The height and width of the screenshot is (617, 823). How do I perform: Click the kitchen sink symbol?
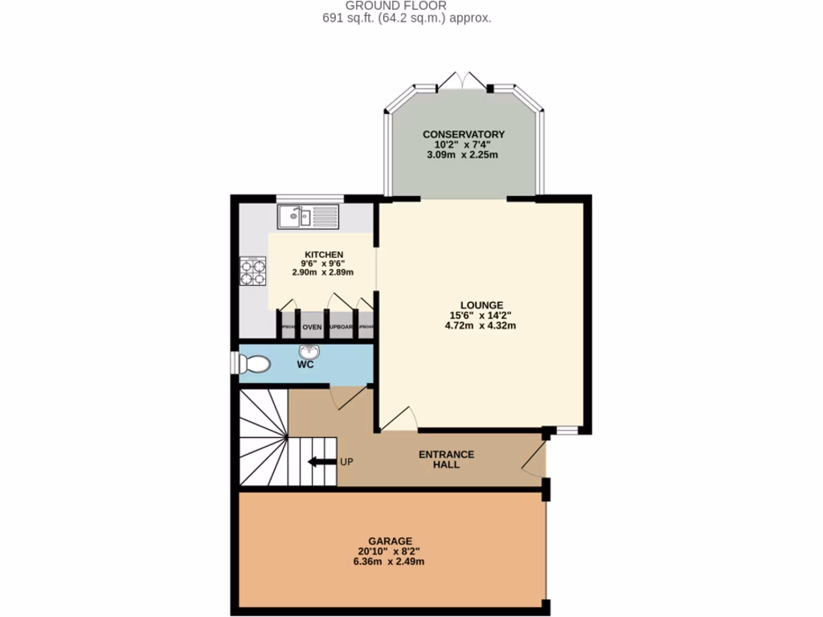coord(309,216)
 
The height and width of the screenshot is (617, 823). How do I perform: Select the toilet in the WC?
coord(253,364)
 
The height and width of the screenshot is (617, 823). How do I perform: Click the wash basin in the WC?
coord(309,353)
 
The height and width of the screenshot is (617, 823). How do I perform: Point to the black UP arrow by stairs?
coord(321,461)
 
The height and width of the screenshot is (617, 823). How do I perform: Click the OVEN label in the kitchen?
coord(312,327)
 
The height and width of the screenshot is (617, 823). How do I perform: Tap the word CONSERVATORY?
coord(463,133)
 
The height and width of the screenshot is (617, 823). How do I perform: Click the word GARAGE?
coord(390,540)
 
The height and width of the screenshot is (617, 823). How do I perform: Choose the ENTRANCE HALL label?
coord(446,459)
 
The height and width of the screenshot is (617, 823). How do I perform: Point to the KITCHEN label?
coord(323,254)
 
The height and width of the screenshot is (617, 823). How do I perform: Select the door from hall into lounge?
coord(399,419)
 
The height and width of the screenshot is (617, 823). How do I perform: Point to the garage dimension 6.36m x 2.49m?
coord(390,562)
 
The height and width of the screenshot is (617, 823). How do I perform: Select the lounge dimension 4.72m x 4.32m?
coord(481,325)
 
